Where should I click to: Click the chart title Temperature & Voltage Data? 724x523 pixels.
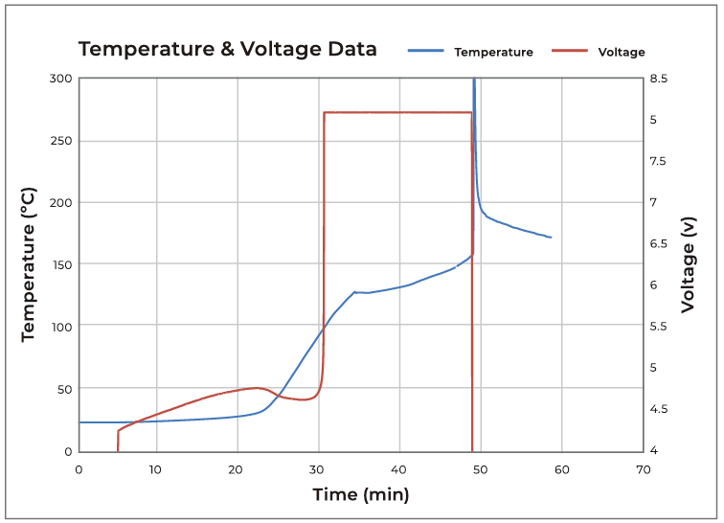[227, 49]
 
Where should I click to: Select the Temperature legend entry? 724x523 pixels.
[493, 52]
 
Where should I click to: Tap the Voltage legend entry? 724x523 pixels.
[621, 52]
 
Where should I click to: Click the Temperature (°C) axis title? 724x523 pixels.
[28, 265]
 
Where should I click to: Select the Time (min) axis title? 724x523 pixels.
[361, 494]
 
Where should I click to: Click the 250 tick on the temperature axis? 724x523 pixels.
[60, 141]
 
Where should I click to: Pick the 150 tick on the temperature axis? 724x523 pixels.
[60, 264]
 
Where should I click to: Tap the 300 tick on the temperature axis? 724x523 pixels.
[60, 79]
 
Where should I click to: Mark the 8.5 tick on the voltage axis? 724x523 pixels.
[660, 79]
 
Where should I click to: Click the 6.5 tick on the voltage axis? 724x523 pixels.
[660, 244]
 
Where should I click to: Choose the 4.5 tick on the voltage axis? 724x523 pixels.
[660, 409]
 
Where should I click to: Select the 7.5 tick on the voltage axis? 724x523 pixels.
[660, 161]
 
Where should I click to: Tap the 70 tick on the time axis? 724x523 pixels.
[643, 469]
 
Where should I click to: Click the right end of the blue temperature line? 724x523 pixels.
[551, 237]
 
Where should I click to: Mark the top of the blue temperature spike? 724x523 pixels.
[473, 80]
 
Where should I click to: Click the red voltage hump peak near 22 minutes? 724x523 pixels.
[257, 388]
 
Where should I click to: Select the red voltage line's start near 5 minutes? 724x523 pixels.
[118, 449]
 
